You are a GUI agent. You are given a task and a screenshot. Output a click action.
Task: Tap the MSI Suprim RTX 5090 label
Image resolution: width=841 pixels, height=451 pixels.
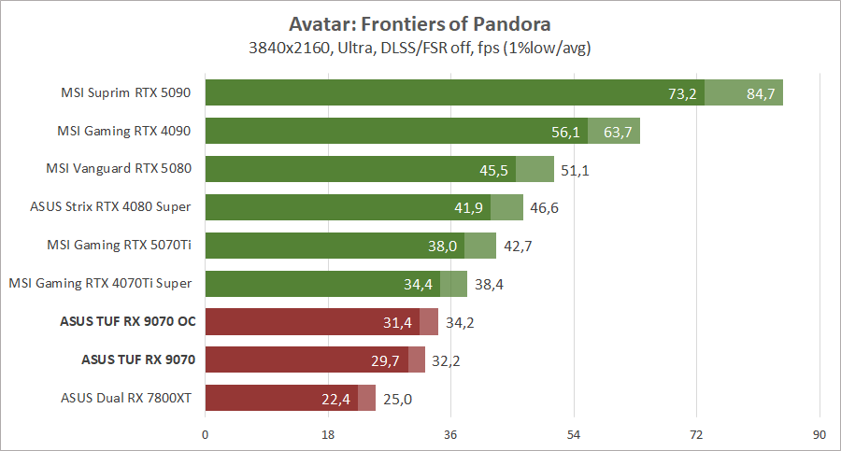pos(125,92)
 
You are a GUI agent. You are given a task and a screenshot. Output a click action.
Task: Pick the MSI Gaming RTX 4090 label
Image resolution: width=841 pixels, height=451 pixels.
pos(125,131)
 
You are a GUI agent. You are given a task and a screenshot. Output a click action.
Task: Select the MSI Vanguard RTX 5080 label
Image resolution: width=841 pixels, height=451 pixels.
pos(119,169)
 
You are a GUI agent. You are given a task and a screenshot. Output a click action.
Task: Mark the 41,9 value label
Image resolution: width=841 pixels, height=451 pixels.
pos(469,208)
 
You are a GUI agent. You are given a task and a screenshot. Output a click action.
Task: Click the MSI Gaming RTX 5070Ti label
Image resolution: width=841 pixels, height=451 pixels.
pos(120,245)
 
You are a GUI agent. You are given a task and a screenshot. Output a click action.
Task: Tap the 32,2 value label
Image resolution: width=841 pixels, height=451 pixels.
pos(446,360)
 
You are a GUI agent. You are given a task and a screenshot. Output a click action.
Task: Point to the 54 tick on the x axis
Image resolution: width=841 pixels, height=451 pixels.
pos(574,434)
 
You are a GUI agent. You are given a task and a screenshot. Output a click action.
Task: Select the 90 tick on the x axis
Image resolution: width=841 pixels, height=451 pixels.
pos(820,434)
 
